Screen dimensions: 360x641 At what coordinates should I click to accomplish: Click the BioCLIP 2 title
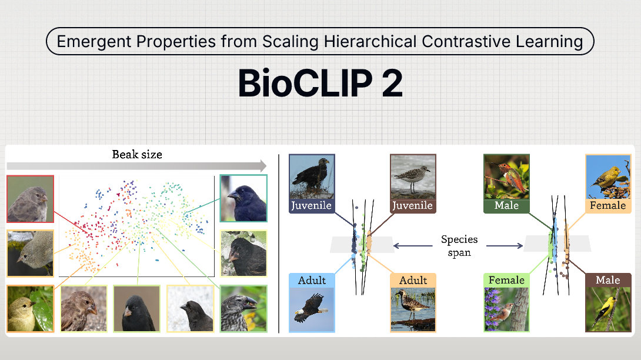(x=320, y=84)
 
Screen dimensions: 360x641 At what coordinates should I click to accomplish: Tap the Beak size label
(x=137, y=155)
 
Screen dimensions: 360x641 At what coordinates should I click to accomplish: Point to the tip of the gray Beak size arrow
(x=265, y=166)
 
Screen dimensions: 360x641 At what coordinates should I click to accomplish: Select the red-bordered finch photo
(x=31, y=198)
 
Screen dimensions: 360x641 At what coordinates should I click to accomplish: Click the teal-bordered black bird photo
(x=243, y=198)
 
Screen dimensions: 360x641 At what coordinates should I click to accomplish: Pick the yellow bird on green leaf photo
(x=31, y=308)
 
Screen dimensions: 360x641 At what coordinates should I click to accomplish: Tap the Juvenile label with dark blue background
(x=312, y=205)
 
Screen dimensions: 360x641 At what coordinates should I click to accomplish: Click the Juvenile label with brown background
(x=412, y=205)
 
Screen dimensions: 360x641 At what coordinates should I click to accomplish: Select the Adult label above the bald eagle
(x=312, y=280)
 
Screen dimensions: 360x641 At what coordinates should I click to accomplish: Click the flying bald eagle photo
(x=312, y=308)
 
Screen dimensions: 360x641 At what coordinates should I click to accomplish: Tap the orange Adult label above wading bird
(x=413, y=280)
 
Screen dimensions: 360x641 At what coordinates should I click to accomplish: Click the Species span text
(x=459, y=246)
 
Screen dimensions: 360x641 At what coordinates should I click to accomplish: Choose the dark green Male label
(x=506, y=205)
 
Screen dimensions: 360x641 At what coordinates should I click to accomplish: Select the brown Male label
(x=607, y=280)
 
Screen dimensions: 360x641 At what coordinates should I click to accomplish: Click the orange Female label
(x=607, y=205)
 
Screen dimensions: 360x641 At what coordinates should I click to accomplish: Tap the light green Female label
(x=506, y=280)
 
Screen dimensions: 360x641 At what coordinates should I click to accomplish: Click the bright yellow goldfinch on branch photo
(x=607, y=308)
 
